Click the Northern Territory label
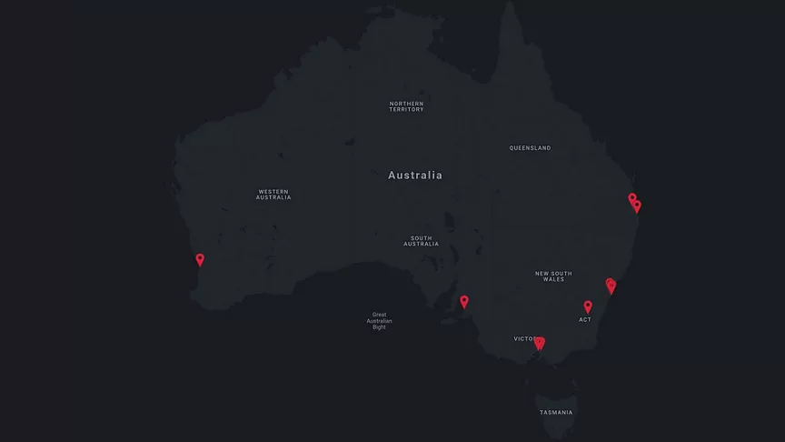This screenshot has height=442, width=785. tap(406, 106)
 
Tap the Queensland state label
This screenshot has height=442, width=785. tap(530, 148)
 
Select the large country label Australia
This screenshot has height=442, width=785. tap(415, 175)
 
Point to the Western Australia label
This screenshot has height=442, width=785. tap(273, 194)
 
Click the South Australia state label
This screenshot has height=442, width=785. tap(421, 240)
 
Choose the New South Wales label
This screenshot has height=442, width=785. tap(553, 276)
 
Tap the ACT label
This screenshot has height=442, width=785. tap(585, 320)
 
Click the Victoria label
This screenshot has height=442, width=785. tap(526, 338)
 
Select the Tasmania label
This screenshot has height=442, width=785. tap(556, 413)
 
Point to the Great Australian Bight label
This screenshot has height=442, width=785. tap(379, 321)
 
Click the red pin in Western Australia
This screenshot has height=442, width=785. tap(200, 260)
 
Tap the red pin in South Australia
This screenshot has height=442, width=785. tap(464, 302)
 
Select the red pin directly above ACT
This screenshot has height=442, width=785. tap(588, 306)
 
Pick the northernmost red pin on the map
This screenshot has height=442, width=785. tap(632, 198)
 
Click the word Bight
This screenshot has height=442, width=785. tap(379, 327)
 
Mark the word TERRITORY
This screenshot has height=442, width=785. tap(406, 110)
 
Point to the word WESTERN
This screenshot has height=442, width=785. tap(273, 191)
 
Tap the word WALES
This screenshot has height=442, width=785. tap(553, 280)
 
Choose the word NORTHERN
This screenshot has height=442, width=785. tap(406, 104)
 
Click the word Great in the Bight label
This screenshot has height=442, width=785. tap(379, 315)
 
